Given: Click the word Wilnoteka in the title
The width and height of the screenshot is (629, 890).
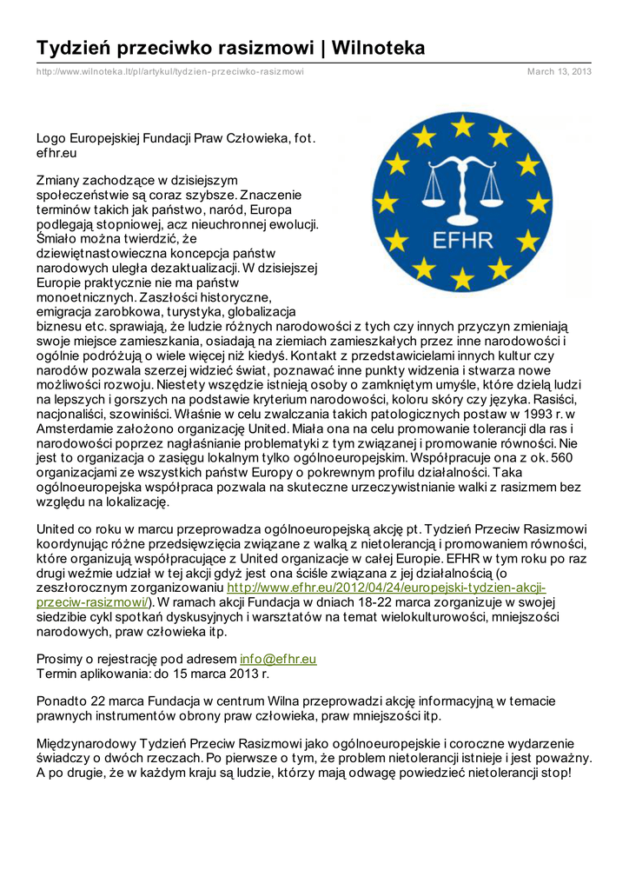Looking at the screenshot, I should point(379,48).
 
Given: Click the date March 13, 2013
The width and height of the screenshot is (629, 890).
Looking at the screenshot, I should point(559,71).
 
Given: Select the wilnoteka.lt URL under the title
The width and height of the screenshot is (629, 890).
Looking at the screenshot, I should point(169,71).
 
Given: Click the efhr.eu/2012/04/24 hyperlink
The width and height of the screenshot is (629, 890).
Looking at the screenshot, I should point(387,588).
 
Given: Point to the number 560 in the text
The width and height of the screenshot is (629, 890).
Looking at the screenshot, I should point(561,457).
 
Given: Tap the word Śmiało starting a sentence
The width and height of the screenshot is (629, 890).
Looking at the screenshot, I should point(56,237).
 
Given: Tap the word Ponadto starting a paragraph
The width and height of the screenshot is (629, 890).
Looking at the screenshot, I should point(63,701).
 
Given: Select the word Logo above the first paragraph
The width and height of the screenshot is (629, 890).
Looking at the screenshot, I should point(51,137).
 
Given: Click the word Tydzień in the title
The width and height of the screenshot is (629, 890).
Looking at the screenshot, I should point(76,48).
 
